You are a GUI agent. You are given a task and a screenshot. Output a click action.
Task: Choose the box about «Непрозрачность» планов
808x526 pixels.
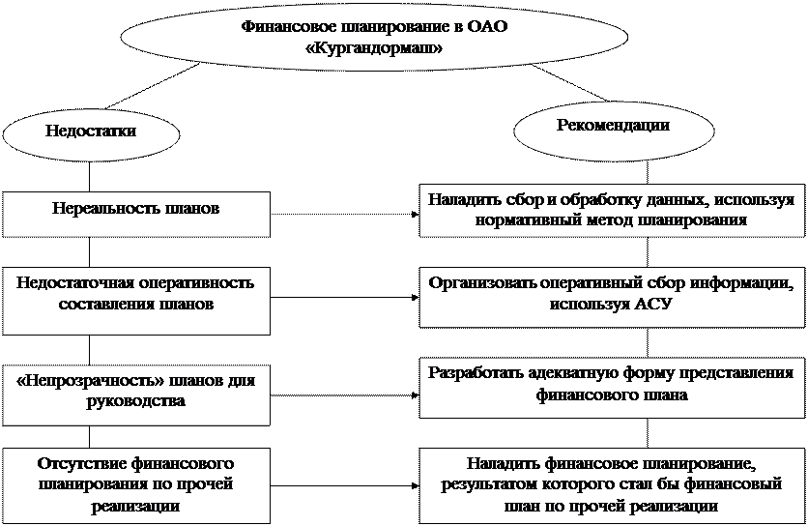136,393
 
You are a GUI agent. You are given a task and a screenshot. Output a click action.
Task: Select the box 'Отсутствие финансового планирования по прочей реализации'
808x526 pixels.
136,483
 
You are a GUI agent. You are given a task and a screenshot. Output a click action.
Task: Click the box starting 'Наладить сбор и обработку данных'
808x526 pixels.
612,209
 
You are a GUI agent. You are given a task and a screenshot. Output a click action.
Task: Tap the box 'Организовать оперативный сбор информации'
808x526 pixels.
612,294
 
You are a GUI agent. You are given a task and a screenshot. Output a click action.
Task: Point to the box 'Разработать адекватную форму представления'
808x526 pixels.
612,385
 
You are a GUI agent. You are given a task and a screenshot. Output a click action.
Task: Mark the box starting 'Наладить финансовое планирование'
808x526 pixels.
612,483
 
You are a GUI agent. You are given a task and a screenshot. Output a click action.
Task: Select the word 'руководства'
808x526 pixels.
136,402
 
